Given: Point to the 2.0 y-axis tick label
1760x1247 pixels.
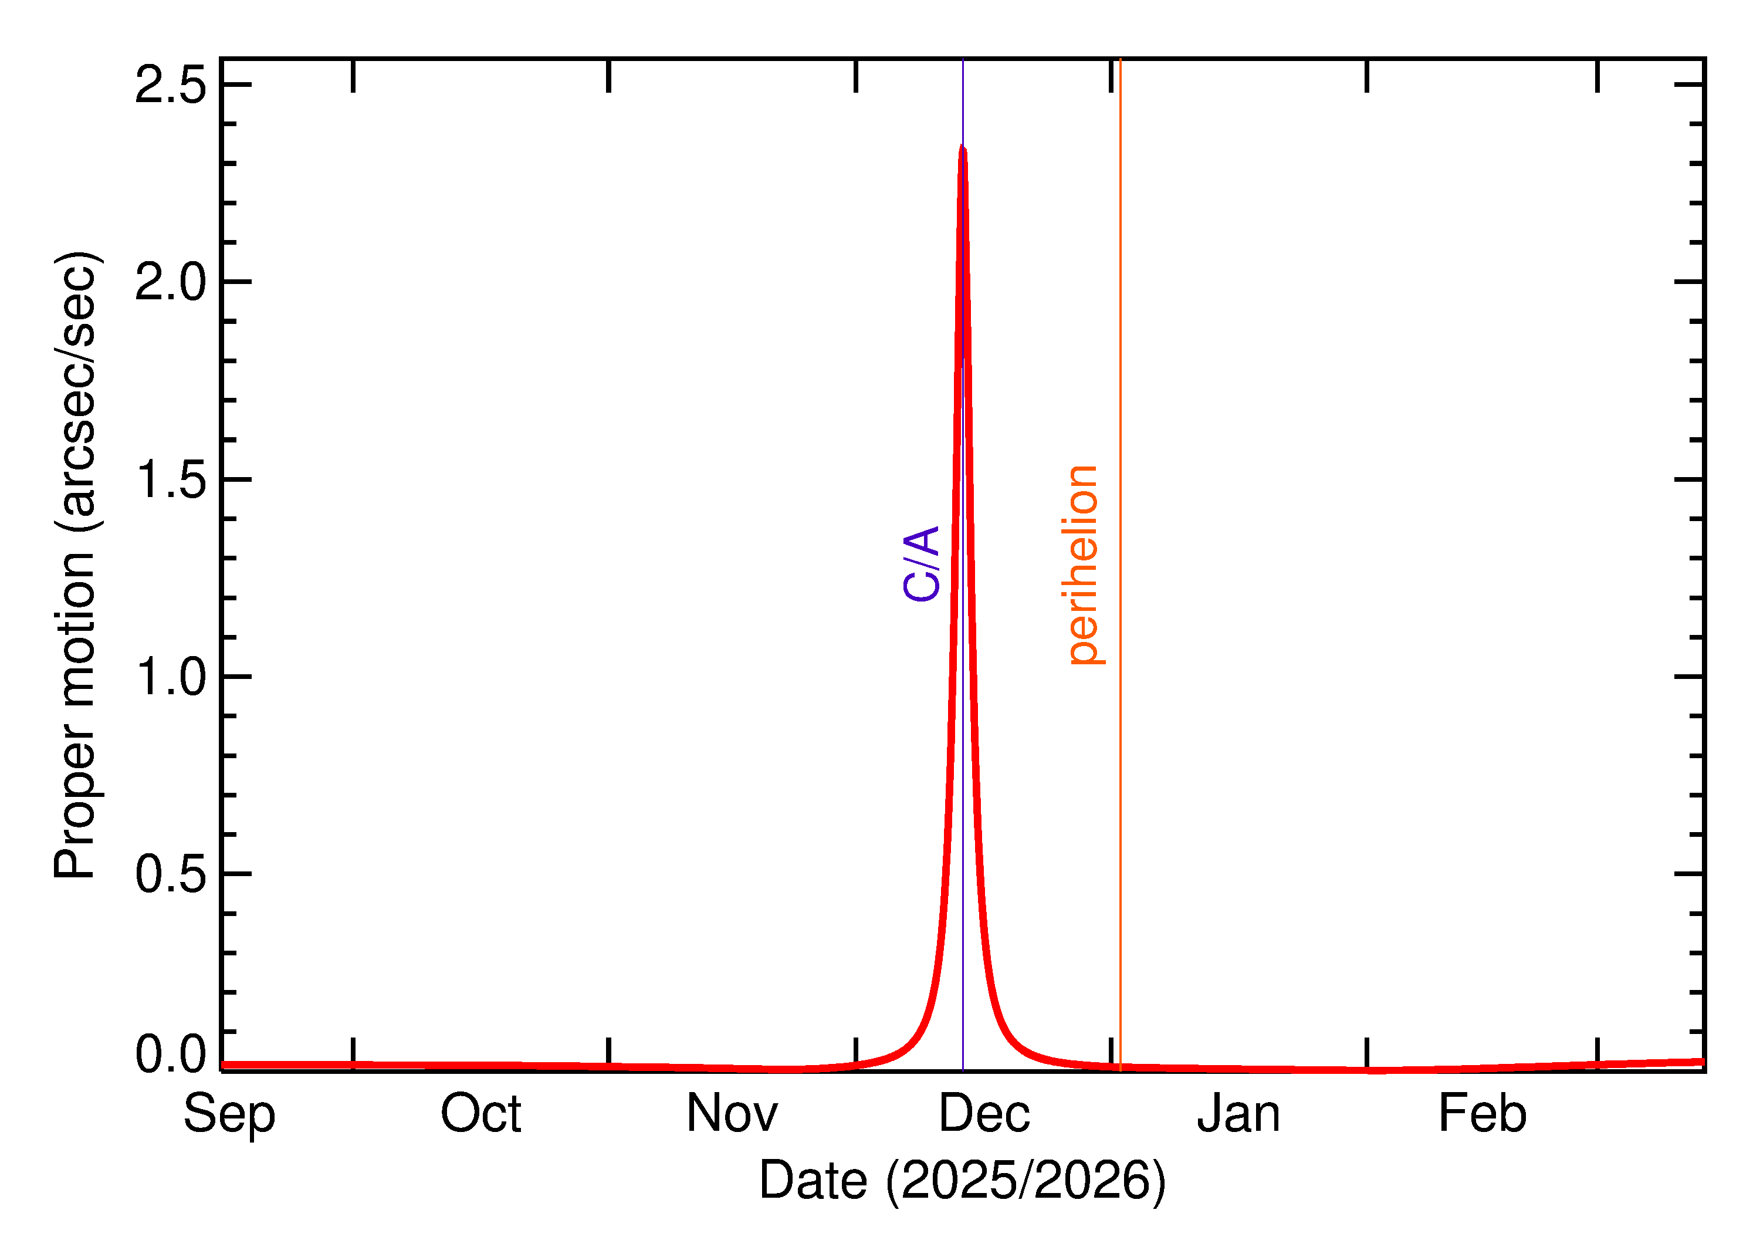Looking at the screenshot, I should (170, 282).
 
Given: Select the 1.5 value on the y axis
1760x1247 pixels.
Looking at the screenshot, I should (170, 480).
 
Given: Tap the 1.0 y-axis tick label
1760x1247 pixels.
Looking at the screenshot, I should (170, 677).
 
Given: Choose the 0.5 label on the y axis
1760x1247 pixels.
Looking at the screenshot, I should (170, 874).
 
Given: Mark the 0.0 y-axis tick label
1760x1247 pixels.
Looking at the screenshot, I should (170, 1055).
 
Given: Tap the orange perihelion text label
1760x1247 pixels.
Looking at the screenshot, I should (1083, 565).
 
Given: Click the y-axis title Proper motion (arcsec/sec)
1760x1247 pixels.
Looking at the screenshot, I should (75, 565).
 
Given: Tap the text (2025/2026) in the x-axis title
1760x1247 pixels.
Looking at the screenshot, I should (1025, 1180).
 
